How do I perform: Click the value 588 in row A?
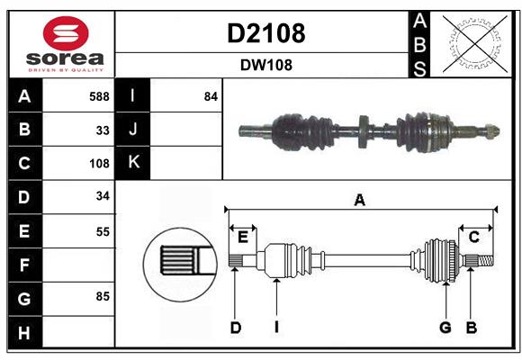click(x=99, y=95)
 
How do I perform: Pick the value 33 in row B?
click(x=103, y=130)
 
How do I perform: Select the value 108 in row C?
click(x=99, y=164)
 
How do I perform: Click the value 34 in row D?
click(x=103, y=197)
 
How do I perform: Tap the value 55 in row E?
click(x=103, y=231)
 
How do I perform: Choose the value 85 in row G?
click(x=103, y=295)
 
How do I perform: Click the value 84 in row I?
click(x=211, y=95)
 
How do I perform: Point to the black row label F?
click(x=24, y=265)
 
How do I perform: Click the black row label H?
click(x=24, y=333)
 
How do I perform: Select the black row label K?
click(x=133, y=163)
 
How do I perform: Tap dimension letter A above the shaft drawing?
click(x=360, y=201)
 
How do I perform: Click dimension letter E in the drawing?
click(x=242, y=237)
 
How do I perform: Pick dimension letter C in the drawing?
click(x=473, y=237)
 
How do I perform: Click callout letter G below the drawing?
click(x=445, y=328)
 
